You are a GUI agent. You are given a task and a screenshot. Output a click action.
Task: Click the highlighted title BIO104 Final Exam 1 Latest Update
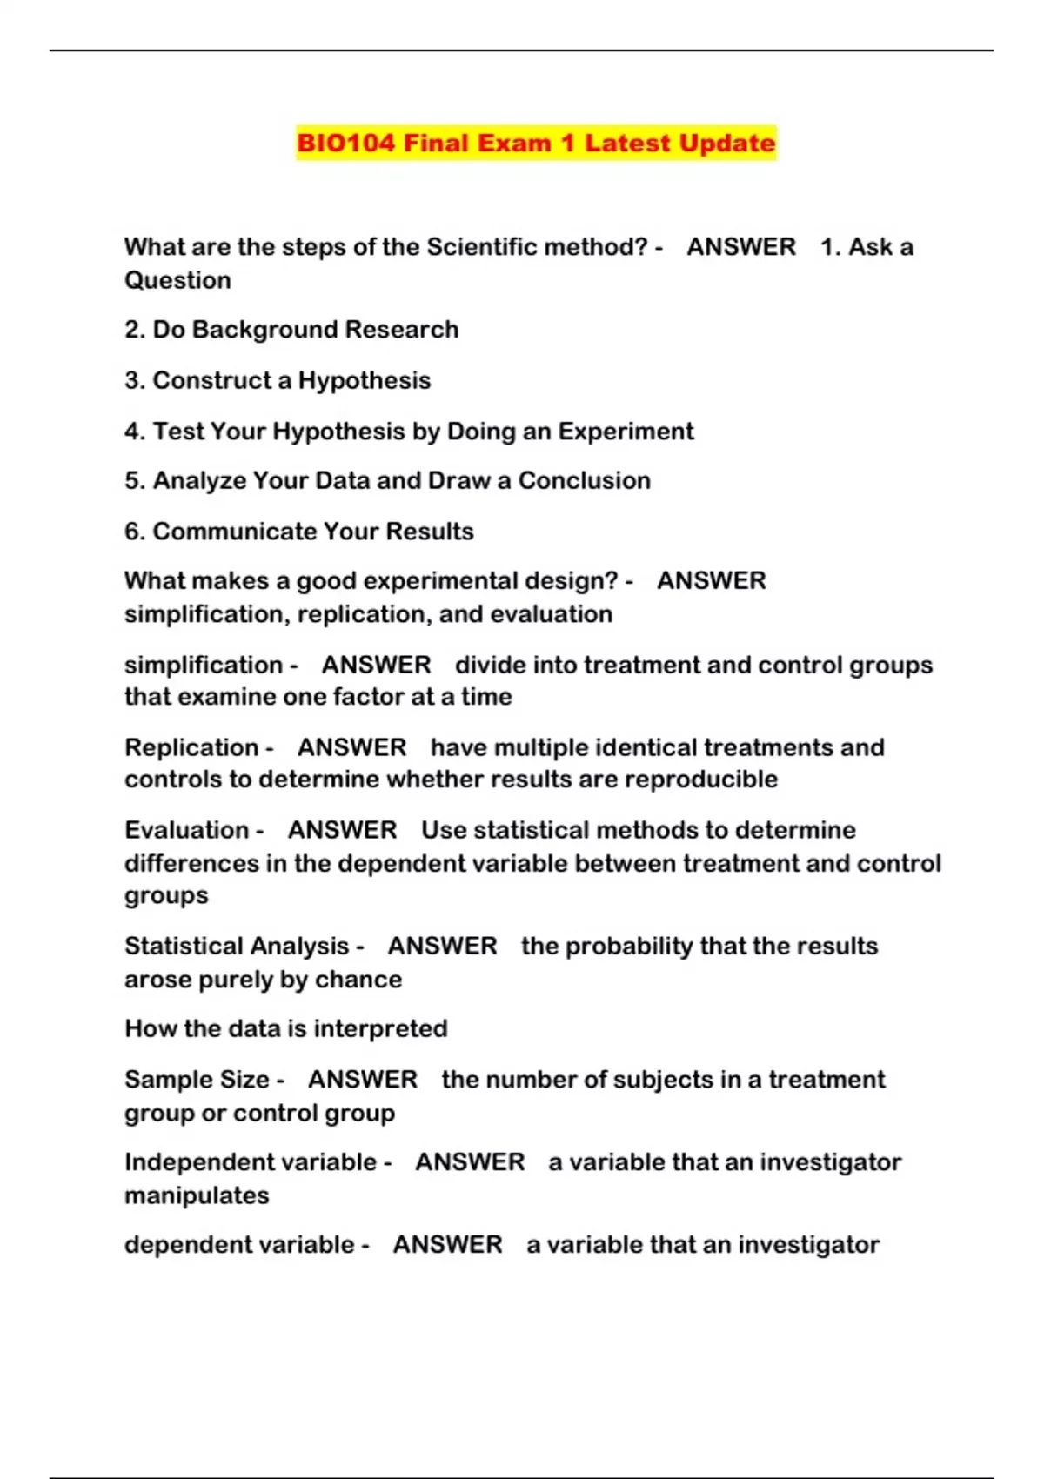535,143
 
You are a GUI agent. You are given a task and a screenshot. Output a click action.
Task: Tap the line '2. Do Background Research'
291,330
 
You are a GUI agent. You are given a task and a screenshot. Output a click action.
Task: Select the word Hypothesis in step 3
365,380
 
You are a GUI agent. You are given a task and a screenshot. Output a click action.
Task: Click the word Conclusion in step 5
584,481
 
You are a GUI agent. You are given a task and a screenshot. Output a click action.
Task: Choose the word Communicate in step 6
235,532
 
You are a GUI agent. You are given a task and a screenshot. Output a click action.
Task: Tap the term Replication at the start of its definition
191,747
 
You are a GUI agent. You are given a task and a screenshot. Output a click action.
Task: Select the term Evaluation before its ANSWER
187,830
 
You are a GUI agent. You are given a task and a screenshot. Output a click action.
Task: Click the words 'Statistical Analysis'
237,947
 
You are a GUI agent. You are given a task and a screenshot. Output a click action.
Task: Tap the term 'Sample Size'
197,1080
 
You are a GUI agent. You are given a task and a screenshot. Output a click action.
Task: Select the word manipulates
197,1196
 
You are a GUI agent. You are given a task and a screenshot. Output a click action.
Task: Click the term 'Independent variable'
251,1162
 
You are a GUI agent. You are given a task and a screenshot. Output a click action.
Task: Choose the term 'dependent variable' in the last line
239,1245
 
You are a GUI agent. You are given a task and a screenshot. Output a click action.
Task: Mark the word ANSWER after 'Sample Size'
363,1080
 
